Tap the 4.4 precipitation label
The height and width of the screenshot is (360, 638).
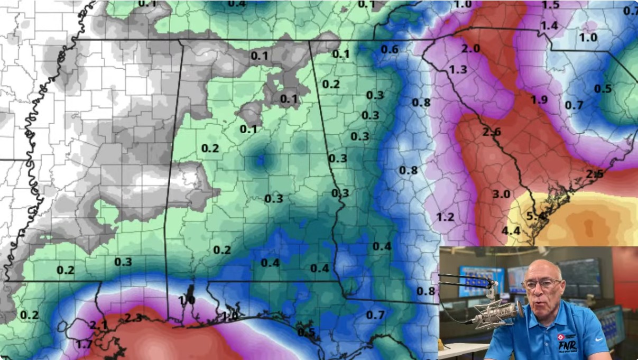511,230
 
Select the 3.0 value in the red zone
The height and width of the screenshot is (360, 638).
501,194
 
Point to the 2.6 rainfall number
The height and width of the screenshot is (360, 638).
492,132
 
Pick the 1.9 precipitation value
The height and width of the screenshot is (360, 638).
539,100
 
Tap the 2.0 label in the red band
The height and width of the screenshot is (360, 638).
470,49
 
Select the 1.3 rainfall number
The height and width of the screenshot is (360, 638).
458,69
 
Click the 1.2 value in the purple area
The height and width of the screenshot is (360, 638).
445,217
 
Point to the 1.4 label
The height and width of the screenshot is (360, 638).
549,25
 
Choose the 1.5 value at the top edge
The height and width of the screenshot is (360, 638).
550,5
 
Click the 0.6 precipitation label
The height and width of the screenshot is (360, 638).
390,49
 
